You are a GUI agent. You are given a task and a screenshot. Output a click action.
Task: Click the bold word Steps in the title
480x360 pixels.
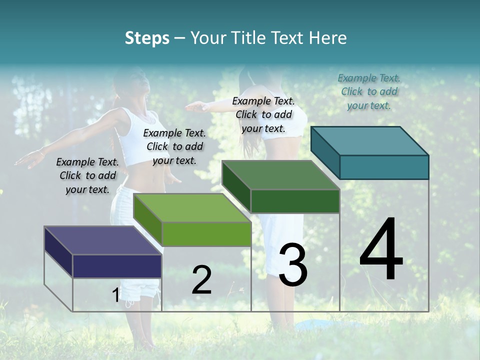click(147, 38)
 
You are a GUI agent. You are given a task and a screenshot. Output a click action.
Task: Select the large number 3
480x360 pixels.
click(292, 265)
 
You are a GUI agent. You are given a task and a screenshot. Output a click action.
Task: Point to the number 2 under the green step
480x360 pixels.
click(201, 280)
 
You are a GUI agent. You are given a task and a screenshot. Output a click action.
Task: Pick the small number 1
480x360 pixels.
click(115, 295)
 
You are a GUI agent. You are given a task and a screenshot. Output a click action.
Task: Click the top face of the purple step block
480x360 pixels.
click(102, 240)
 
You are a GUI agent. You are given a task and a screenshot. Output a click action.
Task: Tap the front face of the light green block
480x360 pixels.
click(206, 234)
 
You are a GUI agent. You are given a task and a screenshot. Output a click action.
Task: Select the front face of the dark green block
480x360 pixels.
click(295, 201)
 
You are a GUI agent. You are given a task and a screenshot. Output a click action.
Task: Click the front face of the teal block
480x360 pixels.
click(384, 167)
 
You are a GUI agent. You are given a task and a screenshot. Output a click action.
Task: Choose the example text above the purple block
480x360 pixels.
click(87, 175)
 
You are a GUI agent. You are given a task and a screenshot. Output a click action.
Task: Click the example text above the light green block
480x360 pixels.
click(174, 146)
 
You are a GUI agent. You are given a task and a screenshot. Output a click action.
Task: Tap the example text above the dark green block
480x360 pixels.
click(263, 114)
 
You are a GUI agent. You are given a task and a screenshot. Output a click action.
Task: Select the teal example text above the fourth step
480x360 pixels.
click(369, 91)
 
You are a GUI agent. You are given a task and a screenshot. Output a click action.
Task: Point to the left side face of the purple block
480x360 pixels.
click(58, 252)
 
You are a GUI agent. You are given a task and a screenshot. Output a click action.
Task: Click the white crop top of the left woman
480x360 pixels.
click(141, 137)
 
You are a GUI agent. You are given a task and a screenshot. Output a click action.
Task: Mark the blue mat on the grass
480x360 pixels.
click(320, 325)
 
